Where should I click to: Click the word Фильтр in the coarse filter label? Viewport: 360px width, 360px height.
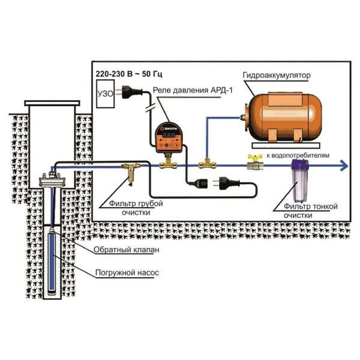click(x=118, y=203)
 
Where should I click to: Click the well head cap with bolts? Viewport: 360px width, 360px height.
click(x=51, y=179)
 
